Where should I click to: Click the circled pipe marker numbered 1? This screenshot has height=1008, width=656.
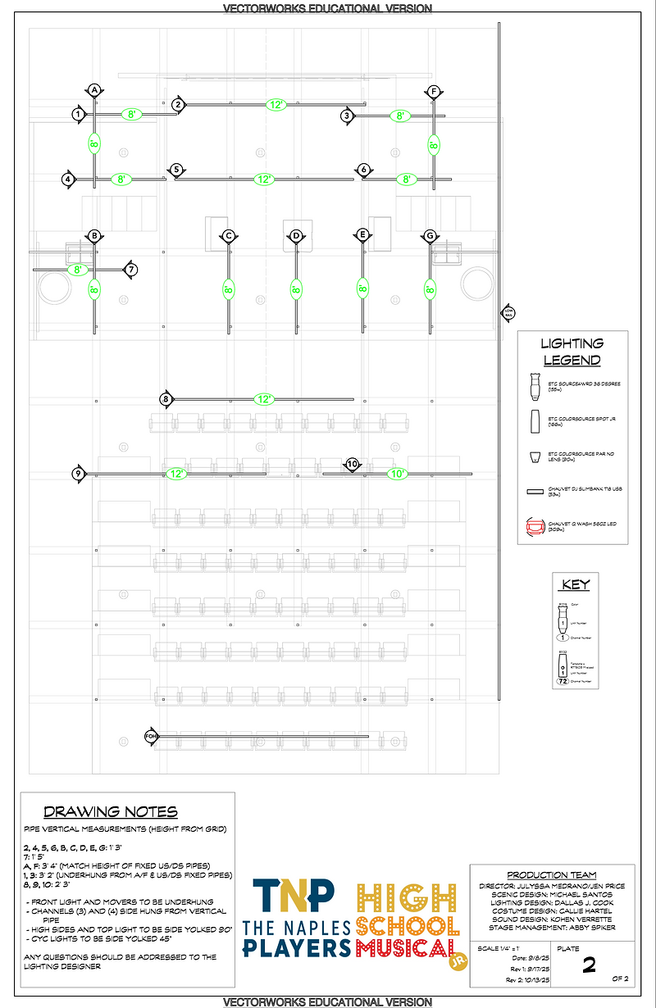click(x=78, y=114)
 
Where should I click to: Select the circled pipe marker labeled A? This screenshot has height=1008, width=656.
click(x=94, y=89)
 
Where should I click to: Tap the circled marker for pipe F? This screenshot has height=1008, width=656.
click(x=433, y=92)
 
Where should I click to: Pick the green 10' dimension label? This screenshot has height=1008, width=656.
click(x=397, y=474)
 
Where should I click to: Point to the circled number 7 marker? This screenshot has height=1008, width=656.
click(x=131, y=269)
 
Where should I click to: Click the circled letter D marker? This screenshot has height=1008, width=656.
click(x=296, y=236)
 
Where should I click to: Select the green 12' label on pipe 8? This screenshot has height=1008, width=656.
click(x=264, y=399)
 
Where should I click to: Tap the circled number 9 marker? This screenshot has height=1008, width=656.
click(x=78, y=473)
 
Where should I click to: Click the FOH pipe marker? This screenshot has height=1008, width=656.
click(x=151, y=736)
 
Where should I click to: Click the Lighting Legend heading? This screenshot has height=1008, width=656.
click(x=572, y=352)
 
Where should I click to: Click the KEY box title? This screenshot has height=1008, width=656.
click(x=575, y=585)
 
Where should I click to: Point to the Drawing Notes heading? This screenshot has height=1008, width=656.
click(x=110, y=812)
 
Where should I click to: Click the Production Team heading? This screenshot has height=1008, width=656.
click(x=551, y=875)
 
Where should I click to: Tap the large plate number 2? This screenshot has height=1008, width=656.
click(x=588, y=965)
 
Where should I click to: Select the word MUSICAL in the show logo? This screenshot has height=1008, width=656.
click(x=407, y=949)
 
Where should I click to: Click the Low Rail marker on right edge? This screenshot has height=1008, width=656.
click(x=508, y=311)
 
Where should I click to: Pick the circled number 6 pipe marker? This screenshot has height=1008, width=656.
click(x=363, y=170)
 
